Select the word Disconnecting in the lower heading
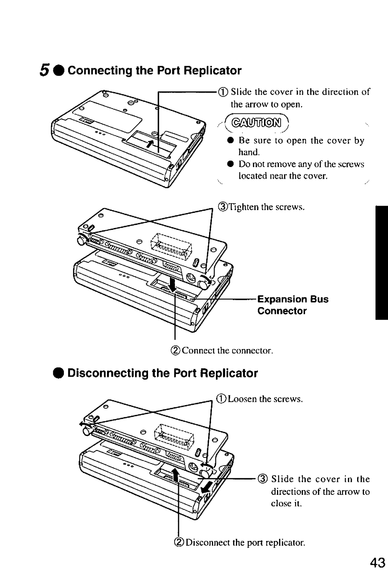[108, 373]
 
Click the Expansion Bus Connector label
[292, 305]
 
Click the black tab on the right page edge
[381, 262]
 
